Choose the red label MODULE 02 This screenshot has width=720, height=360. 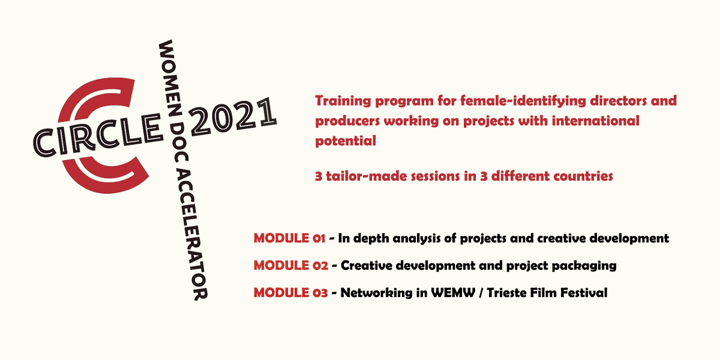coord(290,265)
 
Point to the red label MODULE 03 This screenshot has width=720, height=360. coord(290,293)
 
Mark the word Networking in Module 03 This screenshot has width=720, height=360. coord(373,293)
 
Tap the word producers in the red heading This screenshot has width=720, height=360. coord(344,121)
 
